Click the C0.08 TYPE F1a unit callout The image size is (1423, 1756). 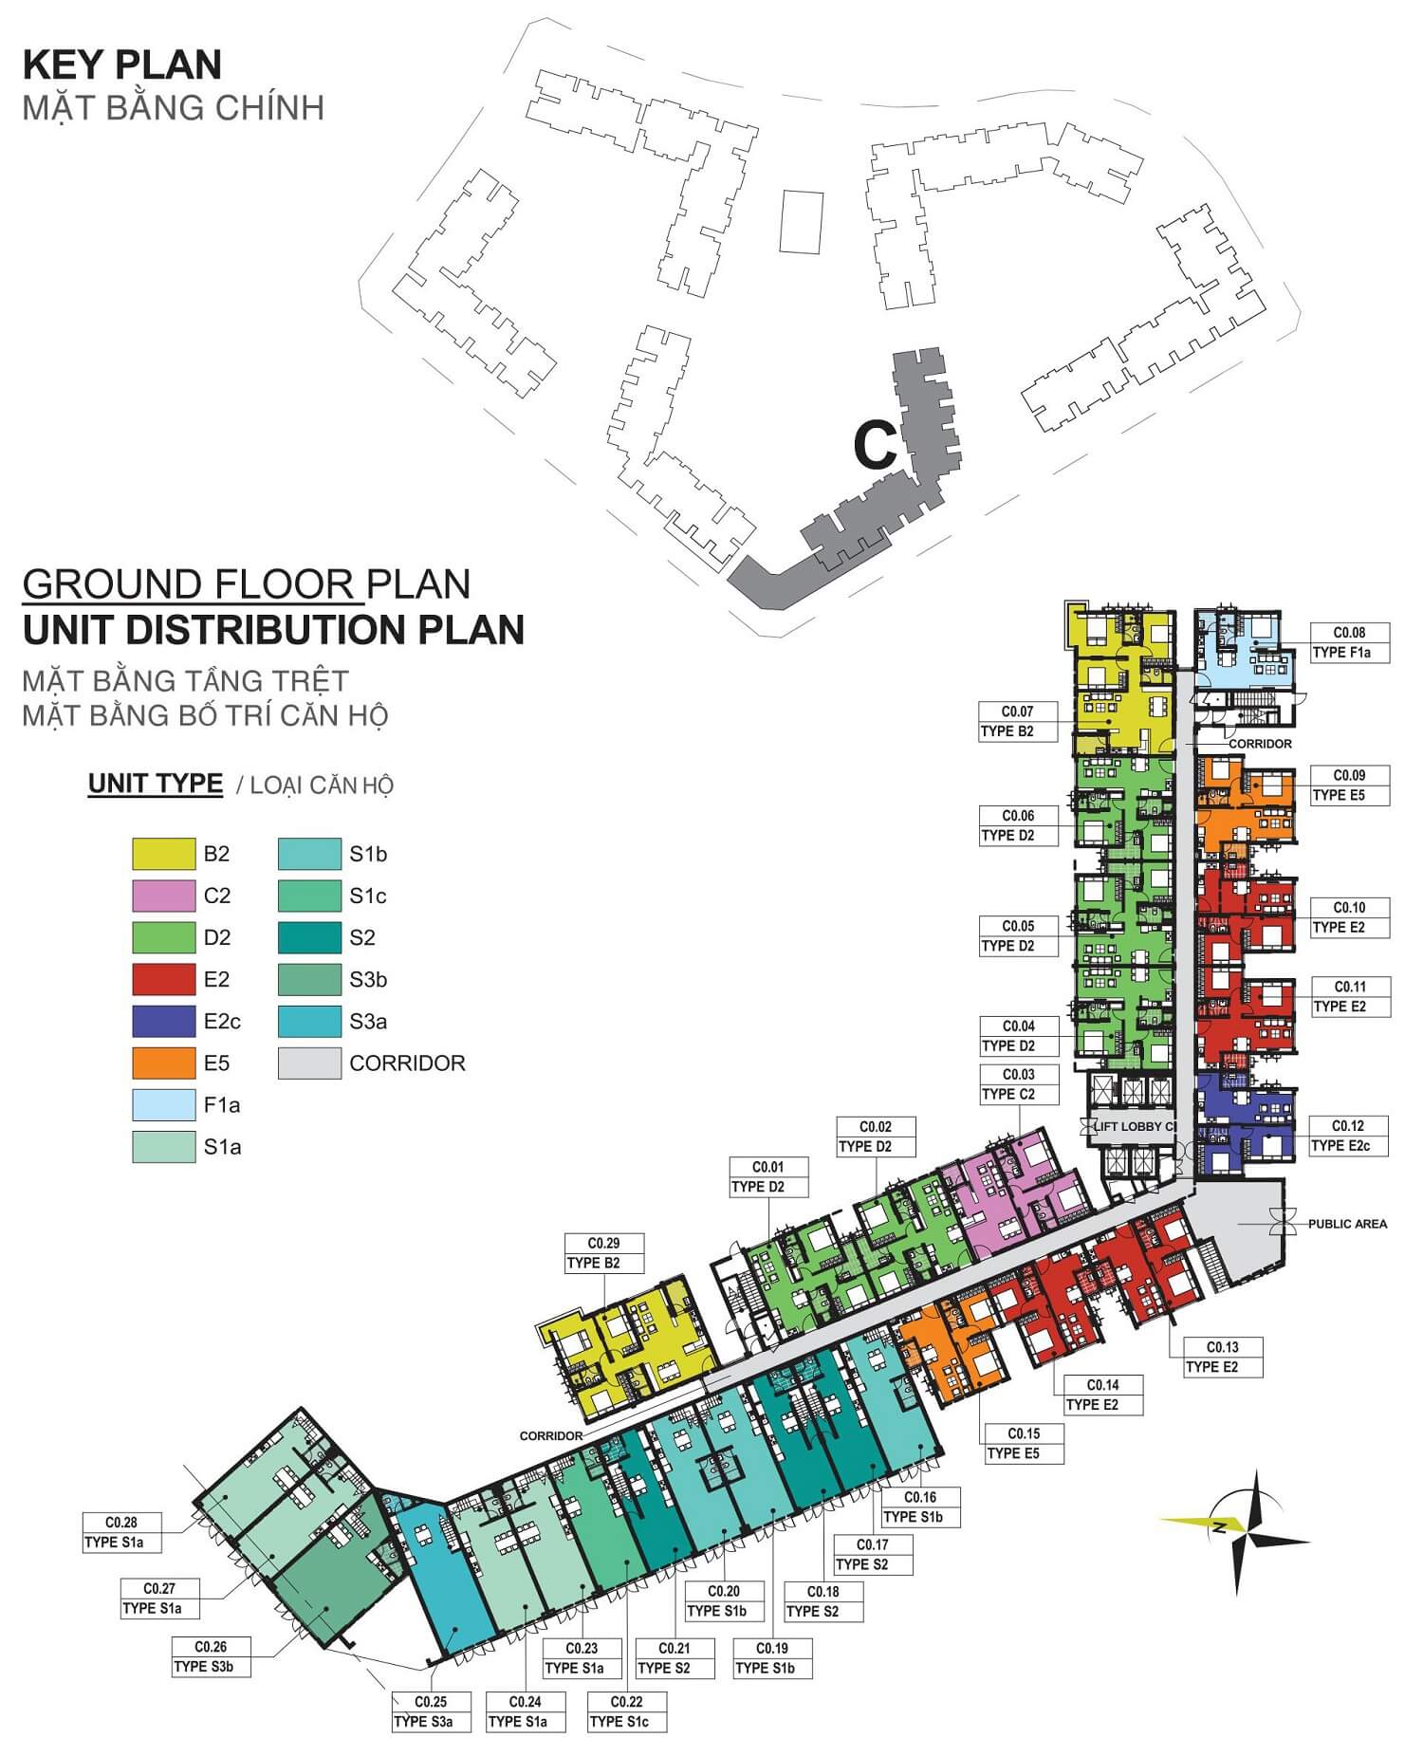click(1350, 642)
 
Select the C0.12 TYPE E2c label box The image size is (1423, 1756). click(1348, 1136)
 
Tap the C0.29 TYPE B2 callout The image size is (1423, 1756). click(604, 1253)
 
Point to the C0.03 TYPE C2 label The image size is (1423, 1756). click(1019, 1084)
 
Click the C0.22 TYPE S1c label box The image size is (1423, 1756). click(627, 1711)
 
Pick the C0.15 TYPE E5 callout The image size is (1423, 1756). click(1025, 1444)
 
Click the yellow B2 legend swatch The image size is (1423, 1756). click(163, 854)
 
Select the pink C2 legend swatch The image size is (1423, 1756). click(163, 896)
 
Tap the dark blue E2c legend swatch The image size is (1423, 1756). click(163, 1021)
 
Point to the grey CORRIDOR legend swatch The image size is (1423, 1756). click(309, 1063)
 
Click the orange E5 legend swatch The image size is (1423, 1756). click(163, 1063)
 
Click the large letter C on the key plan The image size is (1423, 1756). click(876, 444)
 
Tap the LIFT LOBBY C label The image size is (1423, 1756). click(1135, 1127)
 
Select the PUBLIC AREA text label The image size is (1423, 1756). click(1347, 1224)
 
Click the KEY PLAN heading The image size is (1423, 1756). click(122, 65)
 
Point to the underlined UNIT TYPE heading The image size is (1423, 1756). click(156, 784)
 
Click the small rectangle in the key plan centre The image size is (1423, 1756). click(802, 221)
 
